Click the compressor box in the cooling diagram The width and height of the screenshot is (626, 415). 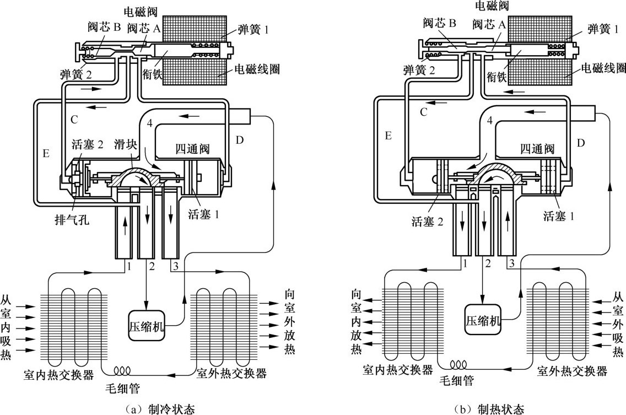click(147, 326)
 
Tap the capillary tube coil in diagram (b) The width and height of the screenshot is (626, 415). click(458, 364)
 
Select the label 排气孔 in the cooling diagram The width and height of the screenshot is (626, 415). click(72, 219)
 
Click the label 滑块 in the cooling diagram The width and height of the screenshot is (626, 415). click(125, 144)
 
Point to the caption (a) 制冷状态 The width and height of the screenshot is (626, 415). click(160, 408)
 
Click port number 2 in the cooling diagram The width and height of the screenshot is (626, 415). click(152, 266)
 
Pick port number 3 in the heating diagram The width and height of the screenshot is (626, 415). click(512, 263)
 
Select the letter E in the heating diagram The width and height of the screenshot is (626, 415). click(388, 136)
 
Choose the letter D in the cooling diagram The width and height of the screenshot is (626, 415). click(240, 140)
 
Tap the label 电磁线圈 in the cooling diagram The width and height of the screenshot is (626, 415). click(257, 69)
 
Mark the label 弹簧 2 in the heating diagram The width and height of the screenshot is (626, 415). click(419, 71)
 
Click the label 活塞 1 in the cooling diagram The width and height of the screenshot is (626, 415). click(203, 214)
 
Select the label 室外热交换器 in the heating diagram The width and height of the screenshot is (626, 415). click(571, 371)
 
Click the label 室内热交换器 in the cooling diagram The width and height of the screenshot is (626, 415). click(58, 375)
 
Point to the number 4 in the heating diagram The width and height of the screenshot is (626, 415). click(489, 120)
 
